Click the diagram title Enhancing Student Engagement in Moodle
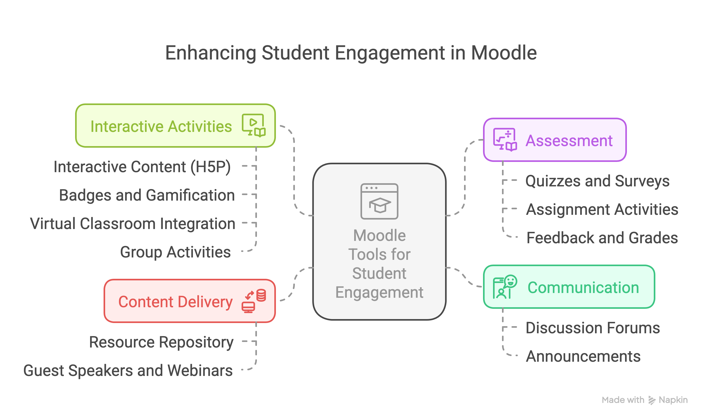351,53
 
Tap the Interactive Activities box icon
253,125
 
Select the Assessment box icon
505,140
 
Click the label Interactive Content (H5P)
142,167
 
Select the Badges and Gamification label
147,195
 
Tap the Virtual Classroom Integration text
133,224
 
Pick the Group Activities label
175,252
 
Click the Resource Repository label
161,342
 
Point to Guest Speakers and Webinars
128,371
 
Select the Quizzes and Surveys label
597,181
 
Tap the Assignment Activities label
602,209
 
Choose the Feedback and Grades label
602,238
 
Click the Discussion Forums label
593,328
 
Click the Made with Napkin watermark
644,400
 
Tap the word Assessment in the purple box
569,141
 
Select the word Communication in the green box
583,287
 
